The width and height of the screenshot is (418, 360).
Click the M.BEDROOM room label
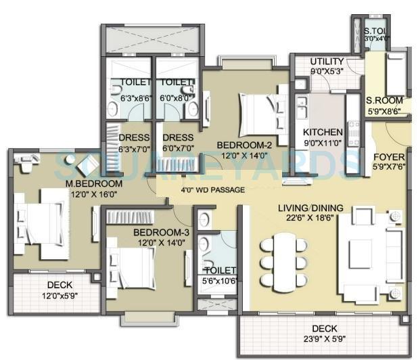(93, 184)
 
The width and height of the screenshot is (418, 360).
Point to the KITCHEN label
(323, 132)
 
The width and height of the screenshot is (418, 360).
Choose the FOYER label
(389, 156)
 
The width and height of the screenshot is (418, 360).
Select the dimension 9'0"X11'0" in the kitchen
(323, 143)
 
